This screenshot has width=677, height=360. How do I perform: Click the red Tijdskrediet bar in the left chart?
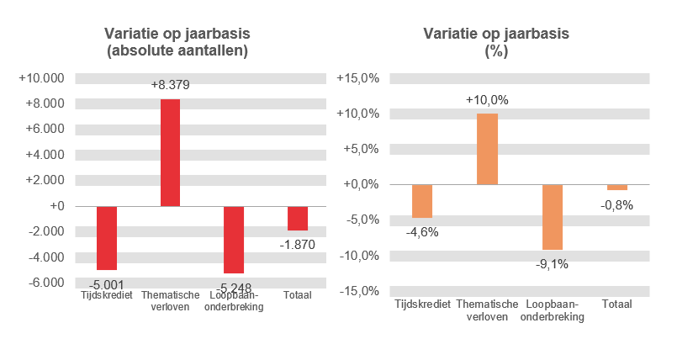(x=107, y=237)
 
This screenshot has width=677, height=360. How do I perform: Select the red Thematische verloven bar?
(x=170, y=152)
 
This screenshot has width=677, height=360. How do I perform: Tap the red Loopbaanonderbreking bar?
(x=233, y=239)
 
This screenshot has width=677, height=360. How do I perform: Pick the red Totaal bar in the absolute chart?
(x=297, y=218)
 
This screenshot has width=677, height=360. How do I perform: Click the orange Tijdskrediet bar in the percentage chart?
(x=422, y=201)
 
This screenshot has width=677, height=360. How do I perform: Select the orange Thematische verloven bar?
(x=487, y=149)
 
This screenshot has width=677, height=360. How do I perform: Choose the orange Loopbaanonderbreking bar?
(x=552, y=217)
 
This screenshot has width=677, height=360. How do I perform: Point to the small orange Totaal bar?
(x=616, y=188)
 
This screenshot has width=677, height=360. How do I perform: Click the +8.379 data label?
(x=170, y=85)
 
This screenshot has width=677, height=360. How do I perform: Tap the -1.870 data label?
(x=297, y=243)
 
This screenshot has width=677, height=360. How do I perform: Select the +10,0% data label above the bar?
(x=487, y=100)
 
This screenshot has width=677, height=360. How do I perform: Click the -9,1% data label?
(x=552, y=263)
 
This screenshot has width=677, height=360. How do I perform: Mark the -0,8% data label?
(x=616, y=204)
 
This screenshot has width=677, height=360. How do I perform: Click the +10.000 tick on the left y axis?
(x=42, y=78)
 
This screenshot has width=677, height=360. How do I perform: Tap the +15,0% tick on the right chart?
(x=359, y=78)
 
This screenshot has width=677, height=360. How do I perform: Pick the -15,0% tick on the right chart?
(x=359, y=291)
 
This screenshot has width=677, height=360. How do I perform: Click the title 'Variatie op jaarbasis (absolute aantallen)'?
(x=177, y=42)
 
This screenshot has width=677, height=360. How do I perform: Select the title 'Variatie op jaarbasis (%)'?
(x=496, y=42)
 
